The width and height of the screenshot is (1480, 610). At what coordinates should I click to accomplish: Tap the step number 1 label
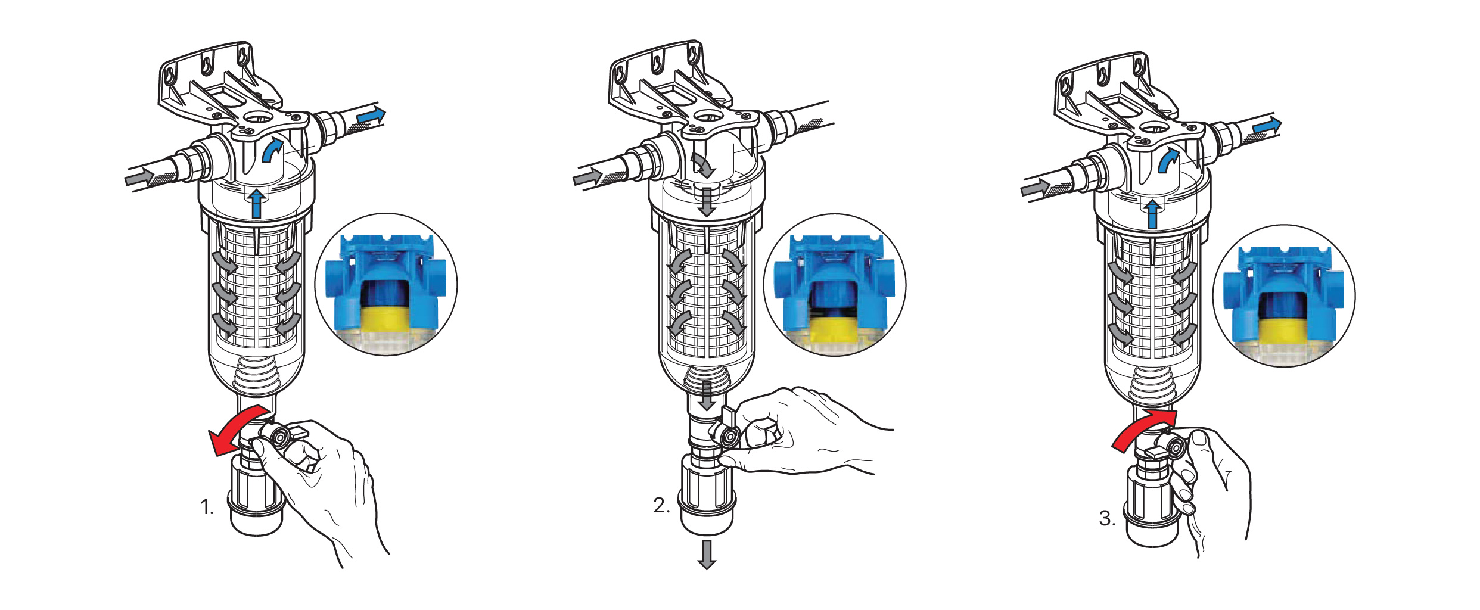click(207, 508)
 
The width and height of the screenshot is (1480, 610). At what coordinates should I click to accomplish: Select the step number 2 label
click(661, 505)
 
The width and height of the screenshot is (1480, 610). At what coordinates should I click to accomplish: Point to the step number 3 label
click(1107, 518)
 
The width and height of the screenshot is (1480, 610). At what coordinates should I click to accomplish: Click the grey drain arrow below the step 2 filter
click(707, 555)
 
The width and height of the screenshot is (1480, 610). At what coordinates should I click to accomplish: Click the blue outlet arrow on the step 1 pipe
click(371, 116)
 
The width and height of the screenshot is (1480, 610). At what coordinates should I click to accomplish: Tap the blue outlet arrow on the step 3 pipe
click(1267, 126)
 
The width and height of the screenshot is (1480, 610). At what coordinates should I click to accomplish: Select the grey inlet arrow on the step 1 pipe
click(139, 177)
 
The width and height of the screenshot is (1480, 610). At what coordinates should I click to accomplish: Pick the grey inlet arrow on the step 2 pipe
click(587, 176)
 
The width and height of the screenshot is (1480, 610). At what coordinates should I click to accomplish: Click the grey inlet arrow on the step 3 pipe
click(1036, 189)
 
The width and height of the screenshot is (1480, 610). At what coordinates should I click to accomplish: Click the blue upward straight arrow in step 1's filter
click(257, 204)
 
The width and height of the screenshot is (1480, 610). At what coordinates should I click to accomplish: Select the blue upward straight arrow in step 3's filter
click(1153, 214)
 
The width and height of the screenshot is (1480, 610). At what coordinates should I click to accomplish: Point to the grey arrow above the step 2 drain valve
click(707, 396)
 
